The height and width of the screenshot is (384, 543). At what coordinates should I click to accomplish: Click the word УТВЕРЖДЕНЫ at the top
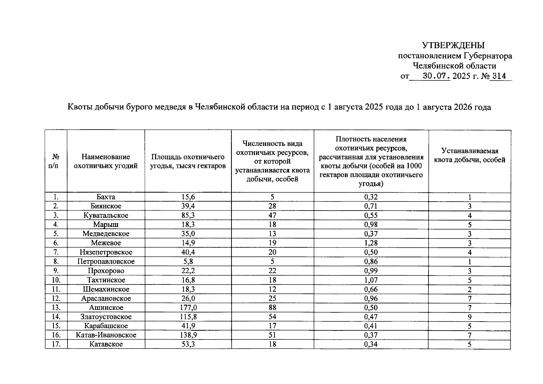pyautogui.click(x=453, y=45)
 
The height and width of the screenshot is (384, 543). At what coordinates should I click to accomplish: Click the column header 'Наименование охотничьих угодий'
pyautogui.click(x=106, y=161)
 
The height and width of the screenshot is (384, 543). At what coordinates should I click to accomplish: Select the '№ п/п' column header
pyautogui.click(x=56, y=161)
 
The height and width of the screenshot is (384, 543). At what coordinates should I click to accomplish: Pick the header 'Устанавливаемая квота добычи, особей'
pyautogui.click(x=469, y=155)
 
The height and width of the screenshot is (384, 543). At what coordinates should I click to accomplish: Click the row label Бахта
pyautogui.click(x=106, y=197)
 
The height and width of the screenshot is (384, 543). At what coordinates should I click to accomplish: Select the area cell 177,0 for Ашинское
pyautogui.click(x=188, y=308)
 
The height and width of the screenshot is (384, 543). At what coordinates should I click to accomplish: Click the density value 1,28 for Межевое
pyautogui.click(x=371, y=243)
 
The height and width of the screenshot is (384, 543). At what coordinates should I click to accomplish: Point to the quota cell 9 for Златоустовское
pyautogui.click(x=469, y=317)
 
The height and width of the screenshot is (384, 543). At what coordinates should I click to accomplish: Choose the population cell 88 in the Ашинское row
pyautogui.click(x=272, y=308)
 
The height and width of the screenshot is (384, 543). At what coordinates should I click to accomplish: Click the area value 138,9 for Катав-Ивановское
pyautogui.click(x=188, y=335)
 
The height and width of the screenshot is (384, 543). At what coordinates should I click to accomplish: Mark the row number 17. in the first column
pyautogui.click(x=56, y=345)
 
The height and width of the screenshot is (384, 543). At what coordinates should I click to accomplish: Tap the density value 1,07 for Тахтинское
pyautogui.click(x=371, y=280)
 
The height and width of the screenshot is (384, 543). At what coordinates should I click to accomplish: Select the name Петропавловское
pyautogui.click(x=106, y=262)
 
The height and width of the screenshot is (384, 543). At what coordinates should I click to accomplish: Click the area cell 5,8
pyautogui.click(x=188, y=262)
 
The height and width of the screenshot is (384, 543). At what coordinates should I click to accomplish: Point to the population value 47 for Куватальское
pyautogui.click(x=272, y=215)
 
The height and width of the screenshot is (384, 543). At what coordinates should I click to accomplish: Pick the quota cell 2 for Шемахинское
pyautogui.click(x=469, y=290)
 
